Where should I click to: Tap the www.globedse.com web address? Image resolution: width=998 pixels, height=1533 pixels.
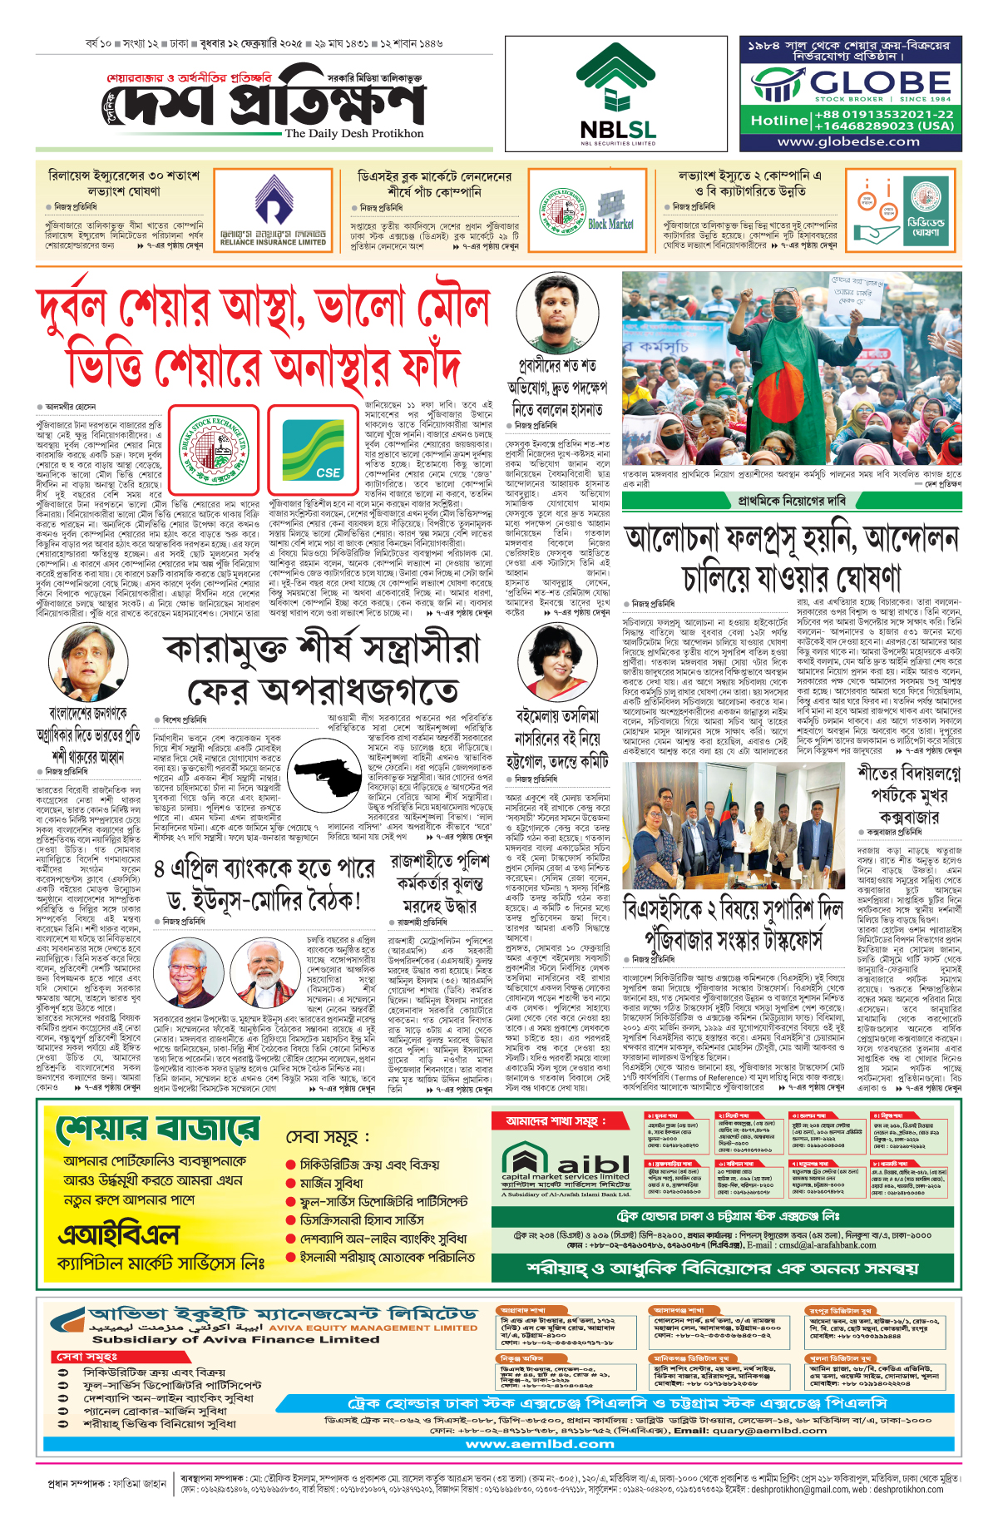tap(848, 142)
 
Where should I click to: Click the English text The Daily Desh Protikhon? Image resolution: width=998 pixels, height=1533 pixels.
tap(354, 134)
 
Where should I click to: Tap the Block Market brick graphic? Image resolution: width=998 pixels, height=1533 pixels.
tap(610, 209)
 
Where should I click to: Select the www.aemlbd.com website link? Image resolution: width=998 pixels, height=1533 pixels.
tap(540, 1444)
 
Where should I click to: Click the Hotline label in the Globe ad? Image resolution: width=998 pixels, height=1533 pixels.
tap(779, 121)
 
